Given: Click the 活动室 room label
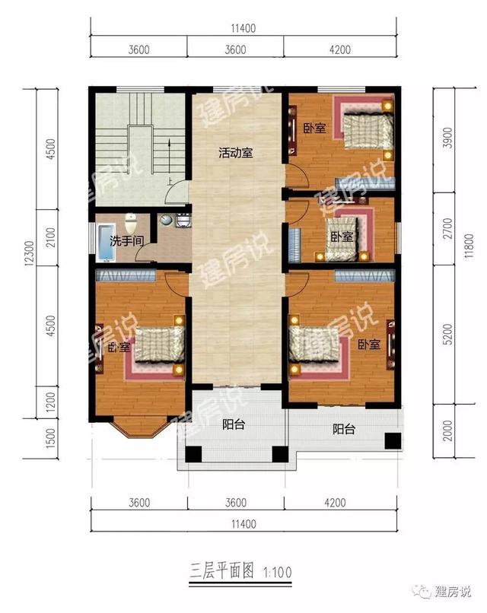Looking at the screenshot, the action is click(x=235, y=152).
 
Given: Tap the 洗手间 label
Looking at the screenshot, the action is click(x=126, y=240).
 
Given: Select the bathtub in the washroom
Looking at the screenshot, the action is click(x=105, y=243).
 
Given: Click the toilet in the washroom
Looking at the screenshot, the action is click(x=130, y=223).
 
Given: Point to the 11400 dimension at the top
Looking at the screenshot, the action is click(x=243, y=28).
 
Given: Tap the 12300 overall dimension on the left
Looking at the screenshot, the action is click(x=30, y=253).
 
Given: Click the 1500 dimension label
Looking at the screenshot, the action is click(x=50, y=438).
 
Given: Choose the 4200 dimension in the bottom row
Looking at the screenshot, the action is click(x=335, y=503).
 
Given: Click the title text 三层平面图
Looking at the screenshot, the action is click(x=221, y=570).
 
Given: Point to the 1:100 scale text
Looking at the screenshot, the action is click(x=278, y=573).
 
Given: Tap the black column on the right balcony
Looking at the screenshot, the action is click(x=393, y=441).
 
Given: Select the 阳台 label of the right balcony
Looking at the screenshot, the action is click(x=344, y=429).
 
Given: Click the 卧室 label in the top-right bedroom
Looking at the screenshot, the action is click(x=315, y=128).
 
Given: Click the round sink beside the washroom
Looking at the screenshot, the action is click(x=166, y=220).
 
